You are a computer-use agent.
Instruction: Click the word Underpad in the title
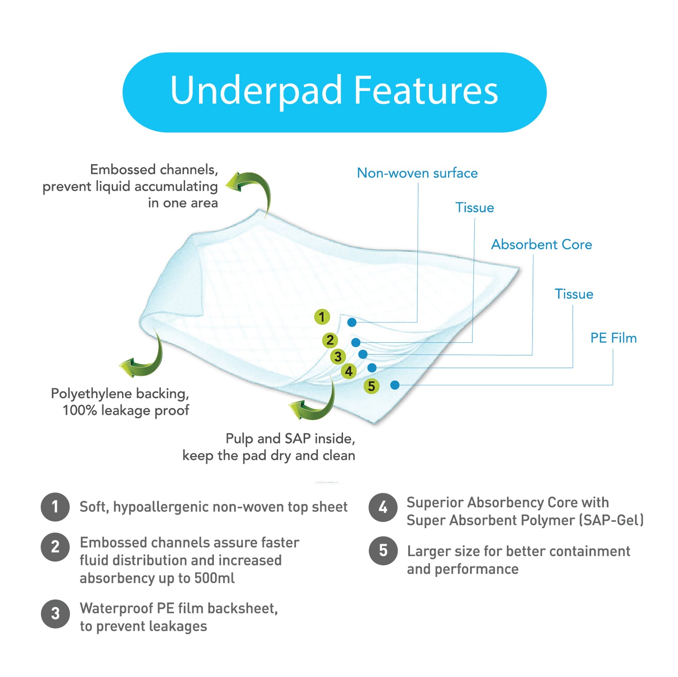[256, 91]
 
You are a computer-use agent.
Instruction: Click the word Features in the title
[426, 90]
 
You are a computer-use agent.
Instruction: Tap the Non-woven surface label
[417, 173]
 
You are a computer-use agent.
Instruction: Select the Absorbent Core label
[541, 244]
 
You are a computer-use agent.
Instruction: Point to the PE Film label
[613, 338]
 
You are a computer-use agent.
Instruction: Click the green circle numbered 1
[321, 317]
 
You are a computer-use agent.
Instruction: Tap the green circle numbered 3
[338, 356]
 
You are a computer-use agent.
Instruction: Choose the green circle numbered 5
[371, 386]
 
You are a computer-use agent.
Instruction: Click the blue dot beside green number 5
[395, 385]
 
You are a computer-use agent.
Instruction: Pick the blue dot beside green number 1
[351, 322]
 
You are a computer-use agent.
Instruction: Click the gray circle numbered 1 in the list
[55, 507]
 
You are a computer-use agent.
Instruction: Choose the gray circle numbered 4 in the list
[383, 507]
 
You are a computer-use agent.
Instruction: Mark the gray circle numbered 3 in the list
[55, 614]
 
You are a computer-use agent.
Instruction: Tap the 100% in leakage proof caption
[80, 410]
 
